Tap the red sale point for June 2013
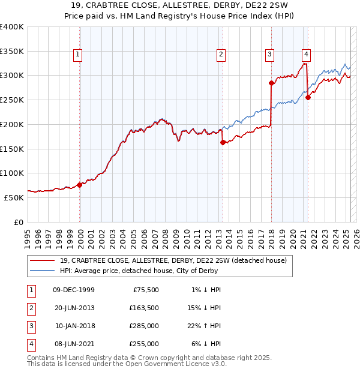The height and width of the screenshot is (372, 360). pos(223,142)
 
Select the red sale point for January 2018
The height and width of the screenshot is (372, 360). pos(271,83)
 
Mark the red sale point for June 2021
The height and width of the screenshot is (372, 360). pos(308,97)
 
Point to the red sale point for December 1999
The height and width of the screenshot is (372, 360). pos(80,185)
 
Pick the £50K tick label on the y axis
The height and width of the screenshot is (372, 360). pos(14,197)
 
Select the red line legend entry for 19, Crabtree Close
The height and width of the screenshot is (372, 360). pos(173,260)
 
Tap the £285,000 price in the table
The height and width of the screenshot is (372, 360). pos(145,326)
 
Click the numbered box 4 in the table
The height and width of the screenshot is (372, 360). pos(30,344)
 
